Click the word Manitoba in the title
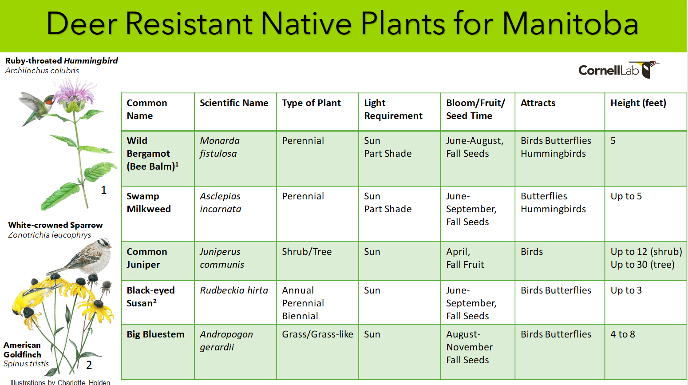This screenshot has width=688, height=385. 570,24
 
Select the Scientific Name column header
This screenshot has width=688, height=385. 234,103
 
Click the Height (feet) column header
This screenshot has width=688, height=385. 638,103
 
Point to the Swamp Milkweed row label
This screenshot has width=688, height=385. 149,202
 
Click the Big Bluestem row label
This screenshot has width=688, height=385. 155,334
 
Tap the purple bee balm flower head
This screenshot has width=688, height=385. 74,92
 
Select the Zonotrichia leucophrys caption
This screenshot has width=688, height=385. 49,235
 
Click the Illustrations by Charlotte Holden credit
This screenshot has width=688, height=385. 60,382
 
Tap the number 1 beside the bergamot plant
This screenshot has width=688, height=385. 104,190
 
